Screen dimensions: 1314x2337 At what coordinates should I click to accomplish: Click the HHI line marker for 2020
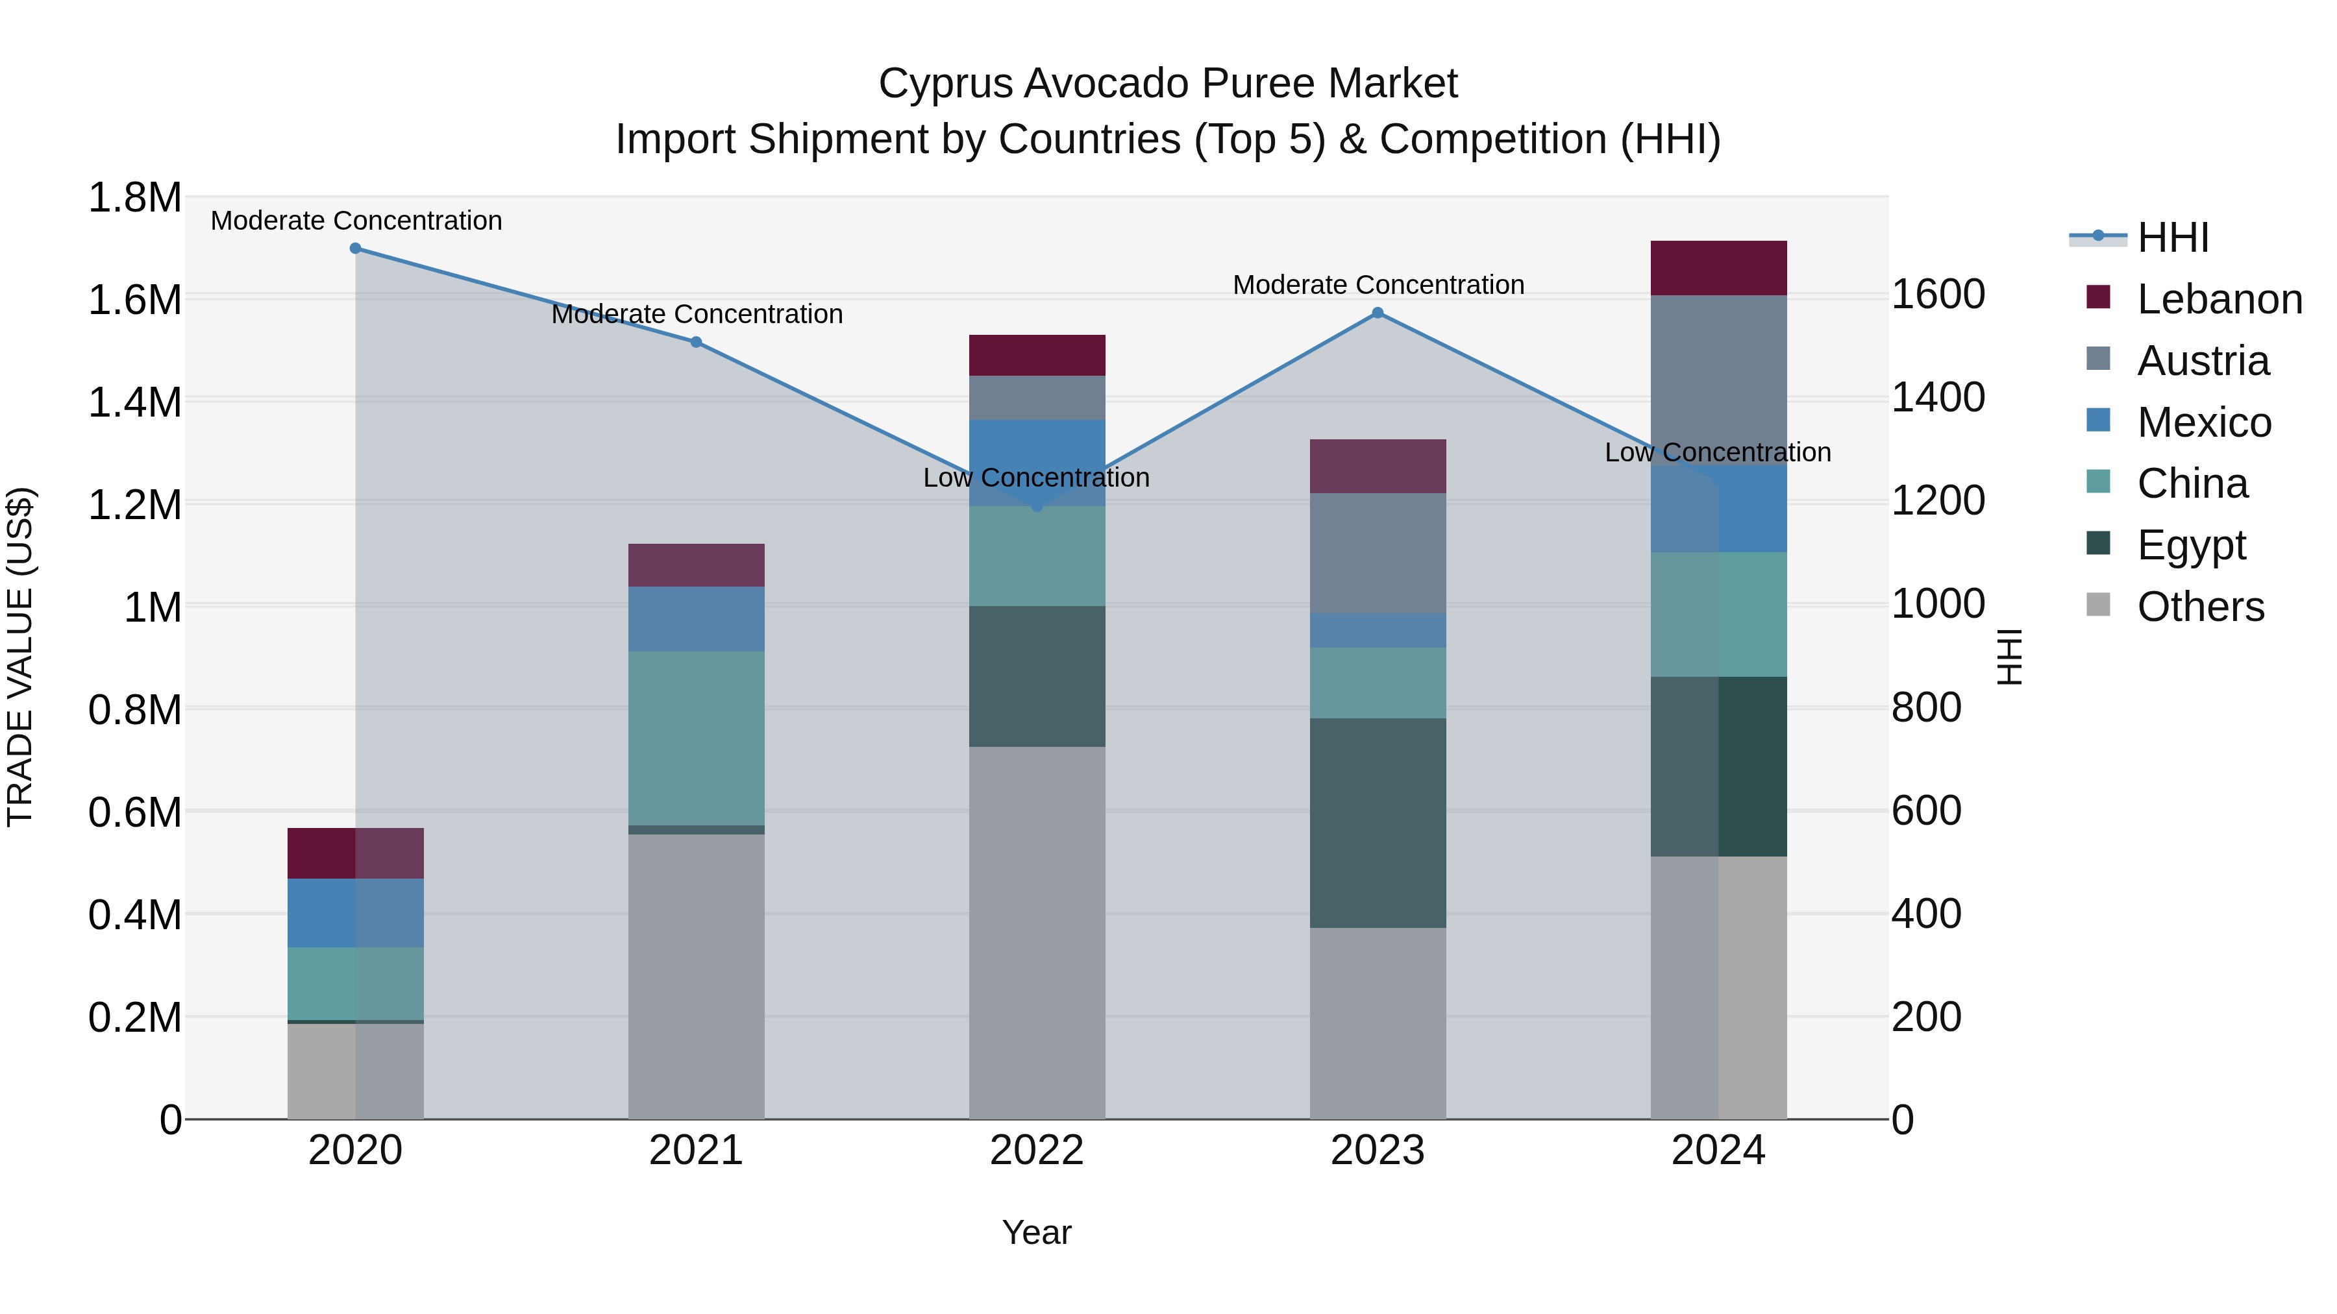(x=356, y=249)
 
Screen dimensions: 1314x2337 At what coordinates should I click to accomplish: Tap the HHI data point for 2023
(x=1377, y=313)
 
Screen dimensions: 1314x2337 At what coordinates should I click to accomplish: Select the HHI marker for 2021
(x=696, y=342)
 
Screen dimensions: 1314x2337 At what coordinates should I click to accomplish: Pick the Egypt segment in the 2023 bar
(x=1377, y=823)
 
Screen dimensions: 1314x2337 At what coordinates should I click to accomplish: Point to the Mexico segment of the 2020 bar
(x=356, y=912)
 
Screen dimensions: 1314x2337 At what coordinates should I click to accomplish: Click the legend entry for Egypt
(x=2190, y=545)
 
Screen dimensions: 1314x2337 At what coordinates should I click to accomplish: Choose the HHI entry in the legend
(x=2172, y=237)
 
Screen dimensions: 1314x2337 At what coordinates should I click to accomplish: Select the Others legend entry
(x=2199, y=607)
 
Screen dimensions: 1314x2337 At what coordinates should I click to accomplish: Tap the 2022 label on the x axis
(x=1037, y=1150)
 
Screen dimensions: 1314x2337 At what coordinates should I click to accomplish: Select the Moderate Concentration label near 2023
(x=1377, y=285)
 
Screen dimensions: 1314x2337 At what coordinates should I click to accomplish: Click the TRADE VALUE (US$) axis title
(x=20, y=657)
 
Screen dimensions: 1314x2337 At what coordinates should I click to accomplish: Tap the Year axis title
(x=1037, y=1232)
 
